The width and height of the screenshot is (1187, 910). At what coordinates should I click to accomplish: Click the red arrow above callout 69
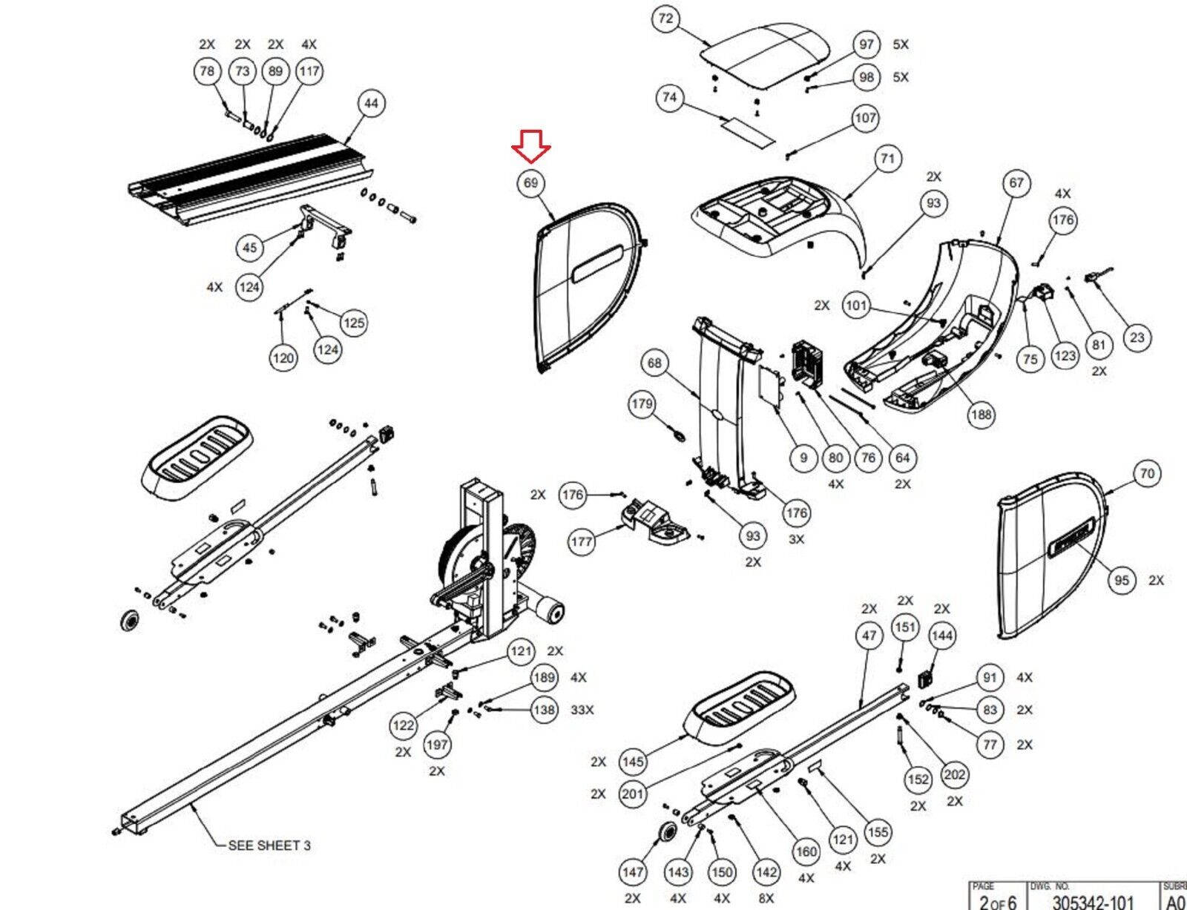(531, 146)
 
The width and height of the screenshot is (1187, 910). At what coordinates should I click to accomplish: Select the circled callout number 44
(371, 103)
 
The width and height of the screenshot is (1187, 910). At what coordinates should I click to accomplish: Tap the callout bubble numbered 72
(665, 19)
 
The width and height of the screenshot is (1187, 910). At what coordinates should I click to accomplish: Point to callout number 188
(981, 415)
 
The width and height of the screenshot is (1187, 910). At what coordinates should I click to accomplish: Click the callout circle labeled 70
(1147, 473)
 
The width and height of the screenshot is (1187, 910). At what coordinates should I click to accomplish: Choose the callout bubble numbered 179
(642, 404)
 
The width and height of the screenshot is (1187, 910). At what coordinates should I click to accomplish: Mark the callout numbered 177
(581, 541)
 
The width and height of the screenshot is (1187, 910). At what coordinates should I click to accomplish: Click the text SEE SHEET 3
(269, 845)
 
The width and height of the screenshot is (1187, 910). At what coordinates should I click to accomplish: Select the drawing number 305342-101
(1093, 902)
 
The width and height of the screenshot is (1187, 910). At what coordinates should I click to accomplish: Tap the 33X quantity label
(582, 710)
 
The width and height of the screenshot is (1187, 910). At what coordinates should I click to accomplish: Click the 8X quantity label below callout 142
(766, 898)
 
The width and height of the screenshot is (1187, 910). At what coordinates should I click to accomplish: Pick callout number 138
(544, 710)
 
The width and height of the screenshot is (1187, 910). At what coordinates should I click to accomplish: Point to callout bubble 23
(1137, 338)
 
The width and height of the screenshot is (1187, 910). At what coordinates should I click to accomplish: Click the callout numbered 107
(866, 118)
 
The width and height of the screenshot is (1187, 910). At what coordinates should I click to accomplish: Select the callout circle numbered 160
(806, 851)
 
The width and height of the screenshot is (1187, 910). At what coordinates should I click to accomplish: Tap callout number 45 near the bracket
(250, 248)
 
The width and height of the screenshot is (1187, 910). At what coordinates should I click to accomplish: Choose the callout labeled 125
(354, 323)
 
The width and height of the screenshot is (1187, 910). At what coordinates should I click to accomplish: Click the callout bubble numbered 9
(803, 458)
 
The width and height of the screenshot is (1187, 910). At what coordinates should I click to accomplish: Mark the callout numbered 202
(954, 775)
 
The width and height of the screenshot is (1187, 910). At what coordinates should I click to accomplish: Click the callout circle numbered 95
(1122, 580)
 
